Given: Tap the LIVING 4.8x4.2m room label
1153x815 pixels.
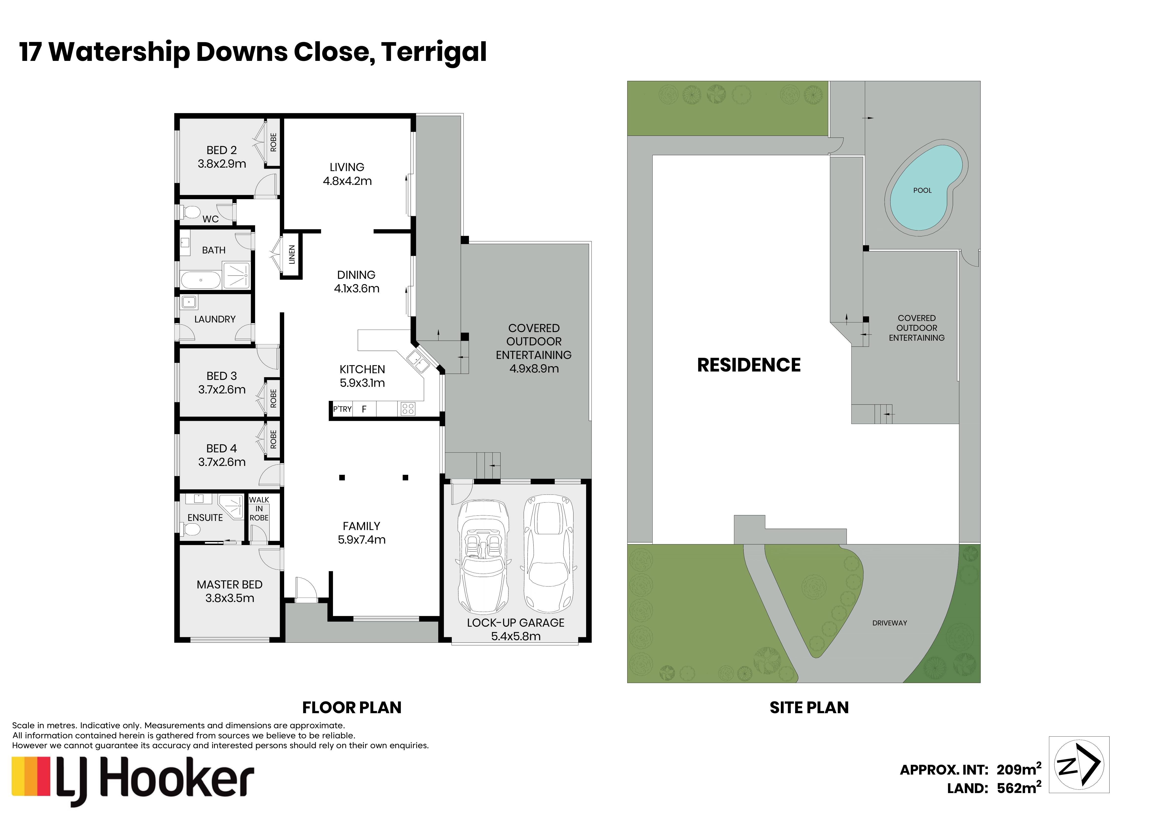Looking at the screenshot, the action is click(x=347, y=174).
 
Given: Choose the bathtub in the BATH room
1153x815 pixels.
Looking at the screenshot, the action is click(x=201, y=280).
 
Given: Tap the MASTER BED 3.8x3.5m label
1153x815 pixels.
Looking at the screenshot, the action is click(x=229, y=591).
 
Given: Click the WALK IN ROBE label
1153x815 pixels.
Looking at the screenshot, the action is click(x=259, y=509).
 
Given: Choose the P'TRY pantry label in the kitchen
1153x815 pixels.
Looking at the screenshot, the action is click(x=343, y=409).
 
